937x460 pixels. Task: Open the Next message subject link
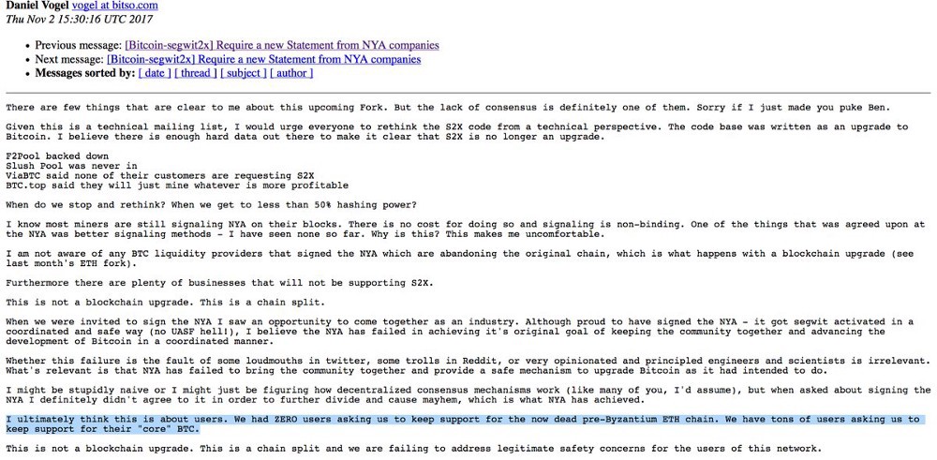[263, 59]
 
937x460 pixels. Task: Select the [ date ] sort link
[155, 73]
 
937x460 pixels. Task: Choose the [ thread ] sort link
[196, 73]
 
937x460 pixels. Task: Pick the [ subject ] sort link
[244, 73]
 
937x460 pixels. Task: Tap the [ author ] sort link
[291, 73]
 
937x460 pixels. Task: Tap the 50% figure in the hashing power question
[313, 204]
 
